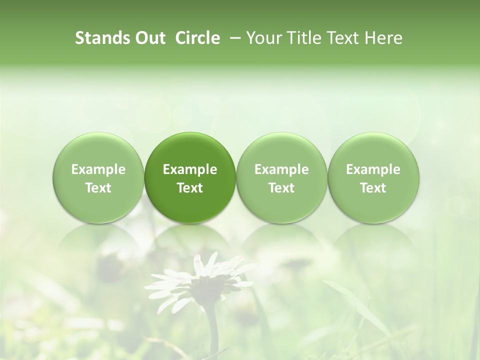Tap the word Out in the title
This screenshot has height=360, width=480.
click(x=149, y=38)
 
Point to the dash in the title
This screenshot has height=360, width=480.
click(x=233, y=38)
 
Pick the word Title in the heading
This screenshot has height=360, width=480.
click(x=298, y=38)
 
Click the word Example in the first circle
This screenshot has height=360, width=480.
click(x=98, y=169)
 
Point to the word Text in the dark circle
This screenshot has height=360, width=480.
click(x=190, y=188)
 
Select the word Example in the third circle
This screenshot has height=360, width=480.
click(x=281, y=169)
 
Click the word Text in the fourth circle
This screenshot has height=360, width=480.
click(x=373, y=188)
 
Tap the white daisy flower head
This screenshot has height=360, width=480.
click(x=200, y=280)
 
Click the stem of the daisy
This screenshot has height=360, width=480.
click(x=212, y=330)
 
